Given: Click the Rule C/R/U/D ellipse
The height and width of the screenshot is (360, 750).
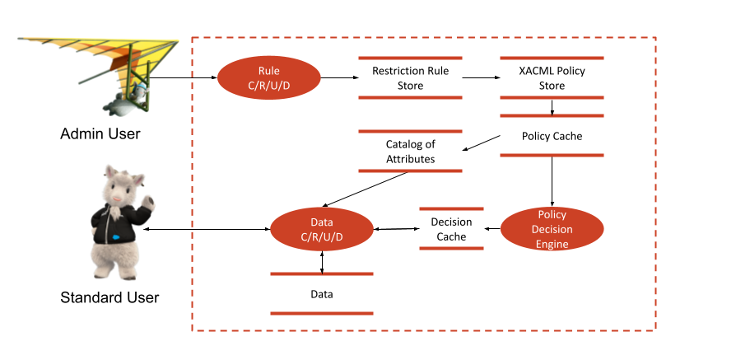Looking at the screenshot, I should (x=268, y=78).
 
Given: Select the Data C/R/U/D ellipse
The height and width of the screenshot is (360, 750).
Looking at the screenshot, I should (x=321, y=230).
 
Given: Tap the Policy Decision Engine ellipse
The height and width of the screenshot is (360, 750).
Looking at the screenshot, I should (x=552, y=228).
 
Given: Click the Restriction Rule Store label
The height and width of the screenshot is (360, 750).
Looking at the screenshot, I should (x=410, y=78).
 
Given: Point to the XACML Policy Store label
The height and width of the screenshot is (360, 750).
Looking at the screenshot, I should (x=552, y=78).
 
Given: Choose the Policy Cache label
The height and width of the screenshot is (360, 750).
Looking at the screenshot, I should (x=552, y=136).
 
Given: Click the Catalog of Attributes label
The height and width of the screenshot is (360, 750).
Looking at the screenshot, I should (x=410, y=152).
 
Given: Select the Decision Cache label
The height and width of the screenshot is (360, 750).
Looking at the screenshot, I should (x=451, y=229).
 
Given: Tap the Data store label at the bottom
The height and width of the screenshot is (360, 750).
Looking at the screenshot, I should (x=321, y=293).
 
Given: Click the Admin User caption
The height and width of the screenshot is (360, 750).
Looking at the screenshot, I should (x=100, y=133).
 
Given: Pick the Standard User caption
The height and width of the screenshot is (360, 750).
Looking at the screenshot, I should (x=109, y=297).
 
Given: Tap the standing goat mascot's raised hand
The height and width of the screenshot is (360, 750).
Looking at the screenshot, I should (x=149, y=200).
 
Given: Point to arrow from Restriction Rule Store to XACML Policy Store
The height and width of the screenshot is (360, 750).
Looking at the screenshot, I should (x=482, y=78).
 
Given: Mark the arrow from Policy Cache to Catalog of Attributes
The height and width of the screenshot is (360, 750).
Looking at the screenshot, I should (x=482, y=143).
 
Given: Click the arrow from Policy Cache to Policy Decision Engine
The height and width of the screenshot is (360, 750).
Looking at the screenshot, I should (x=552, y=180).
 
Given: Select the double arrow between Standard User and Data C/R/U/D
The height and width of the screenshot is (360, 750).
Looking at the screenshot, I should (x=206, y=230).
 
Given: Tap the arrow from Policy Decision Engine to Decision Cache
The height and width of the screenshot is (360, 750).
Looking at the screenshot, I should (x=492, y=230).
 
